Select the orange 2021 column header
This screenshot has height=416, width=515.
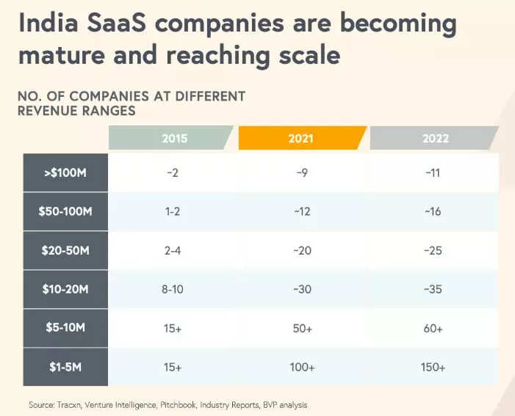coord(302,138)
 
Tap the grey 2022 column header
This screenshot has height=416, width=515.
coord(433,138)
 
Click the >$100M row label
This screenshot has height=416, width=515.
coord(65,173)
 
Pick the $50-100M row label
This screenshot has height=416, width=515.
coord(65,212)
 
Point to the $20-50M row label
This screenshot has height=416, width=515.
coord(65,251)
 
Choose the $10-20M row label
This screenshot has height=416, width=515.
coord(65,289)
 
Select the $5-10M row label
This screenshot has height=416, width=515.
coord(65,329)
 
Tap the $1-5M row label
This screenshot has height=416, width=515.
coord(65,367)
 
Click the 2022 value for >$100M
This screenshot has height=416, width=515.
coord(433,173)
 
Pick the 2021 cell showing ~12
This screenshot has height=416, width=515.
coord(302,212)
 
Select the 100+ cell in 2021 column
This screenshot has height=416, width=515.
coord(302,367)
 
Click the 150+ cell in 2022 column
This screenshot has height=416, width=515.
coord(433,367)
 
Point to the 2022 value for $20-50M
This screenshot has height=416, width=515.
coord(433,251)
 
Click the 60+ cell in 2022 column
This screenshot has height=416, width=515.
coord(433,329)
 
